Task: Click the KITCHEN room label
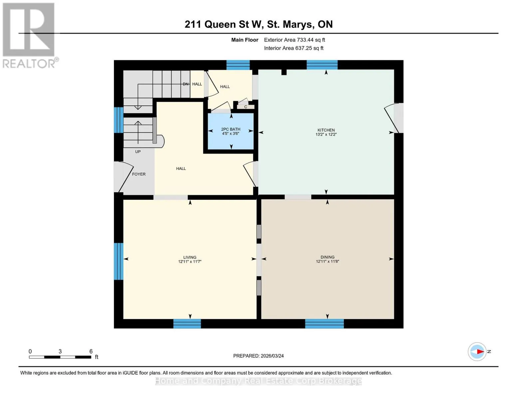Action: (326, 130)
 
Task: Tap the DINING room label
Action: (327, 257)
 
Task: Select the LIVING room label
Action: (190, 257)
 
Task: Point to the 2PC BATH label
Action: (231, 129)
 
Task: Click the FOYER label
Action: (139, 174)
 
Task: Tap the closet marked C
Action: (246, 107)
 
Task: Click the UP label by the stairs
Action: (138, 152)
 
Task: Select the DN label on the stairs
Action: (185, 84)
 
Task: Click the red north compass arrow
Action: (480, 351)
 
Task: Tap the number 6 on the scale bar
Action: (91, 351)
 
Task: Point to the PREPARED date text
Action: (258, 356)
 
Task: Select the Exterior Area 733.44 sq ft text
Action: (294, 40)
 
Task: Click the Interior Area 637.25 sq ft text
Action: (294, 48)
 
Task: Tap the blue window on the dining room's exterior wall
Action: (324, 324)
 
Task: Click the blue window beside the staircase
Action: (119, 120)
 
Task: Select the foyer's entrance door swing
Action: (123, 177)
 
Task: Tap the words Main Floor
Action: (245, 40)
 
